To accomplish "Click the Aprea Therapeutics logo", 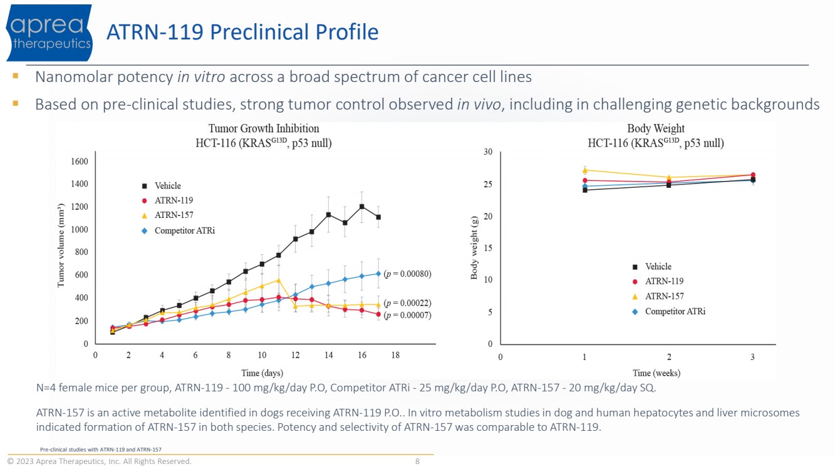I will pos(49,33).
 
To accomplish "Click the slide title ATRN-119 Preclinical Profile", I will pos(242,32).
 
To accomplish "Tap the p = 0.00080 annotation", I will pos(407,274).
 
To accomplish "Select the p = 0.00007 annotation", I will pos(407,316).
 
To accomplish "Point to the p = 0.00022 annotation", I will pos(407,303).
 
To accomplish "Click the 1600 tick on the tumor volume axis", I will pos(79,162).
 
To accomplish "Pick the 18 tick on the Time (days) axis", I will pos(395,355).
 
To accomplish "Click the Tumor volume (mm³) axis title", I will pos(61,245).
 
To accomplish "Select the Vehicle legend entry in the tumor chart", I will pos(167,186).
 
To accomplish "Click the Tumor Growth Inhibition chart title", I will pos(264,128).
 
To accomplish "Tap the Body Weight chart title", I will pos(655,128).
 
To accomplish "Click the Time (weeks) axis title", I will pos(656,373).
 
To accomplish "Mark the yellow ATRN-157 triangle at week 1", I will pos(584,170).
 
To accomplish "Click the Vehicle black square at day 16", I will pos(362,206).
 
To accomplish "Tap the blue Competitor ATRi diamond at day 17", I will pos(378,274).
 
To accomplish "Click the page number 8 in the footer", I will pos(417,461).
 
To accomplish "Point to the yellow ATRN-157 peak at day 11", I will pos(278,281).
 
